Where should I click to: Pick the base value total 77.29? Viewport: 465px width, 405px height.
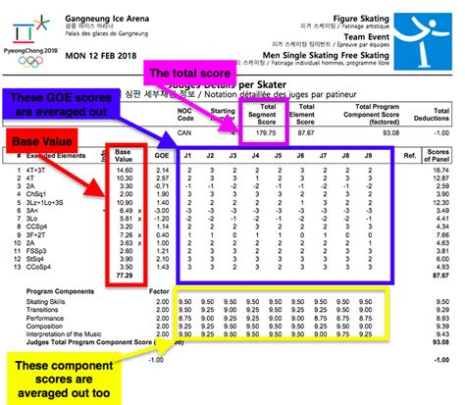tap(124, 278)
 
